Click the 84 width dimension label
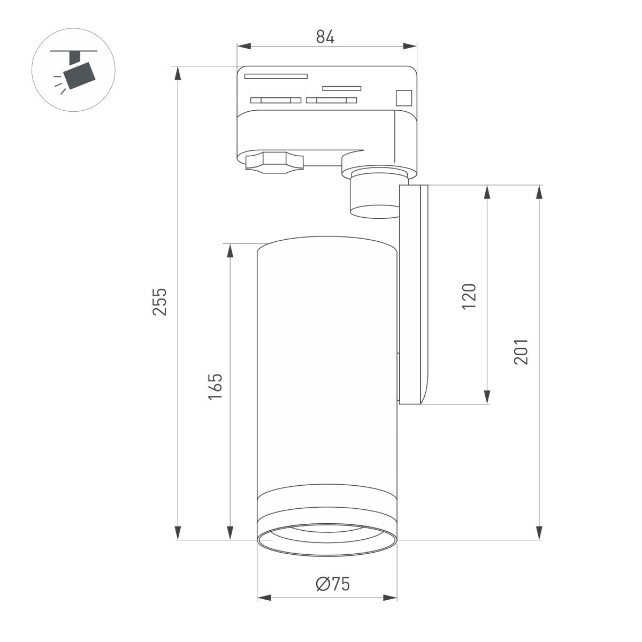(325, 37)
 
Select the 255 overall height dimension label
(159, 301)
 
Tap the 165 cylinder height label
(215, 386)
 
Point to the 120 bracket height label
(468, 296)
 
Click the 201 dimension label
(521, 351)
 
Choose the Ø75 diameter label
(332, 584)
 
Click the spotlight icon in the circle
(78, 72)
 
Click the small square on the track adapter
(403, 98)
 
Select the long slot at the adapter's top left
(276, 76)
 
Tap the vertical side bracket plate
(414, 294)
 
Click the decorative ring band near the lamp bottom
(327, 497)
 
